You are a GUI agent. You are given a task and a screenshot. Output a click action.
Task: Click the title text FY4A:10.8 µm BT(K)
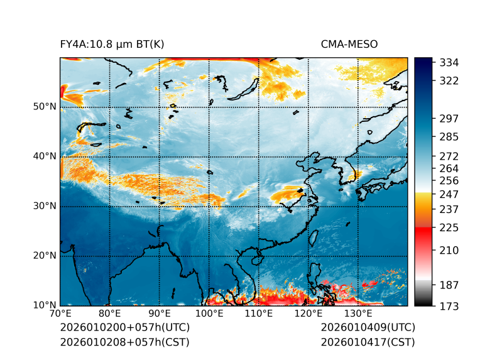(112, 44)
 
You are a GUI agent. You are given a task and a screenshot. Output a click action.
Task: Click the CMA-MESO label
(349, 44)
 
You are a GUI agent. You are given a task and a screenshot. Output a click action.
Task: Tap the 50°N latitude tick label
(45, 107)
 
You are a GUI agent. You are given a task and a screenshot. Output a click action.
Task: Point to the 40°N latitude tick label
(45, 156)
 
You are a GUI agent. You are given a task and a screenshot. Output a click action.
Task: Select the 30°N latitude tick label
(45, 206)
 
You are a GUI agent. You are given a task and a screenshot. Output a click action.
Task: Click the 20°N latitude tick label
(45, 256)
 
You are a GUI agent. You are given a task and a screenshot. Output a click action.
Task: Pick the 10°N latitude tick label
(45, 305)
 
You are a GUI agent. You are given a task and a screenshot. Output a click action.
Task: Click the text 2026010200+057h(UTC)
(124, 328)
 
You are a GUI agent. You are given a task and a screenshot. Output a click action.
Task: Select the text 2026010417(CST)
(368, 342)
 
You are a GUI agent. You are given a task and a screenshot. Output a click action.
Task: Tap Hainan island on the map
(256, 259)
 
